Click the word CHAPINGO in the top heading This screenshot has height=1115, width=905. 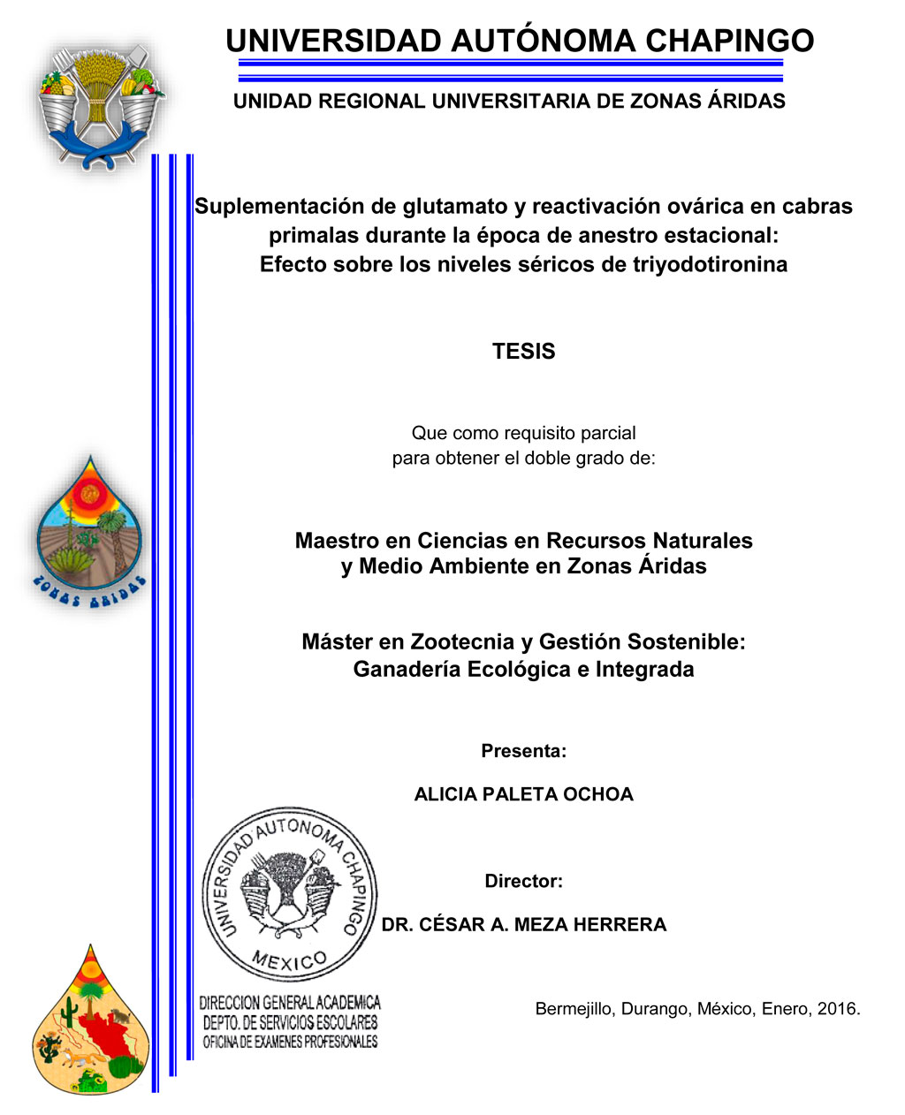click(729, 41)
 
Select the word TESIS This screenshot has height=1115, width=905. click(523, 352)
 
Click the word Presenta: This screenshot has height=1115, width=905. click(523, 751)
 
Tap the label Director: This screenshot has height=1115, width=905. click(523, 881)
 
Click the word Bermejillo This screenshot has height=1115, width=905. click(574, 1009)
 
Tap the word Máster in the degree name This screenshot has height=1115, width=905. click(335, 641)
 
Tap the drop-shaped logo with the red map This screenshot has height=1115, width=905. click(90, 1025)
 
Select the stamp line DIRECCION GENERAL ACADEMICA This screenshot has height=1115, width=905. click(290, 1003)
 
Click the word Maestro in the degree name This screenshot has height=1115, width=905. click(338, 541)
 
